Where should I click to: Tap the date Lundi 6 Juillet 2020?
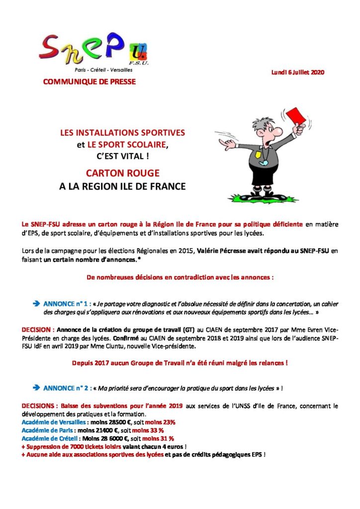(x=297, y=73)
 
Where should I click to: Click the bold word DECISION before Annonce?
(x=37, y=329)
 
